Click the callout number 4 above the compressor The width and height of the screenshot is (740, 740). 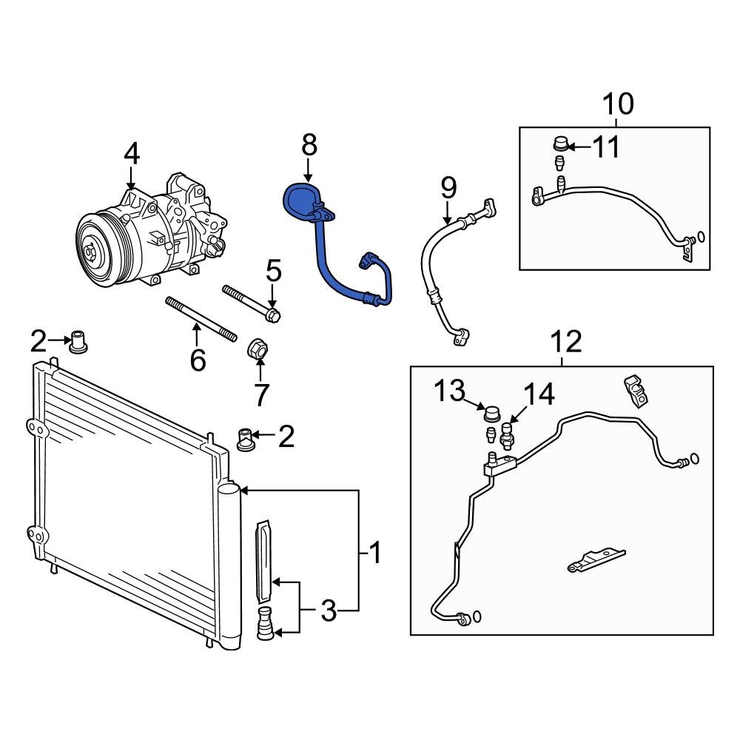[x=131, y=153]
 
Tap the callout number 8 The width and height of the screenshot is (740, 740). [x=309, y=144]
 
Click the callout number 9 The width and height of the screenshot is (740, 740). [x=448, y=188]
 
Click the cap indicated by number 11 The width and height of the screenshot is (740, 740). [x=561, y=142]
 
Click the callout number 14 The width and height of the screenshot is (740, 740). [x=539, y=394]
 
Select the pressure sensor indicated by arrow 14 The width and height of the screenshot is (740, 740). [x=507, y=436]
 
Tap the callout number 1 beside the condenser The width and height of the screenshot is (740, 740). [x=375, y=552]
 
